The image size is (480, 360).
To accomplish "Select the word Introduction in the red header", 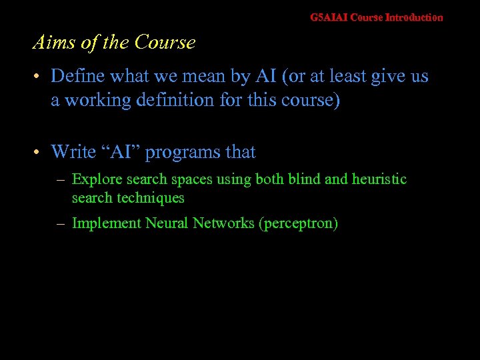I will pyautogui.click(x=414, y=17).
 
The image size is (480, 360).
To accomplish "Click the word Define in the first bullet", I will pyautogui.click(x=76, y=77).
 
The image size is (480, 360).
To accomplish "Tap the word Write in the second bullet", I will pyautogui.click(x=73, y=152).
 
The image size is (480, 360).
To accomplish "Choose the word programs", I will pyautogui.click(x=183, y=153).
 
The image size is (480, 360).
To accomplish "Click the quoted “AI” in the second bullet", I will pyautogui.click(x=121, y=152).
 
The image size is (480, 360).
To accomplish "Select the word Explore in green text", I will pyautogui.click(x=97, y=179).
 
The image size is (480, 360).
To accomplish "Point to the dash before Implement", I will pyautogui.click(x=61, y=224).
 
